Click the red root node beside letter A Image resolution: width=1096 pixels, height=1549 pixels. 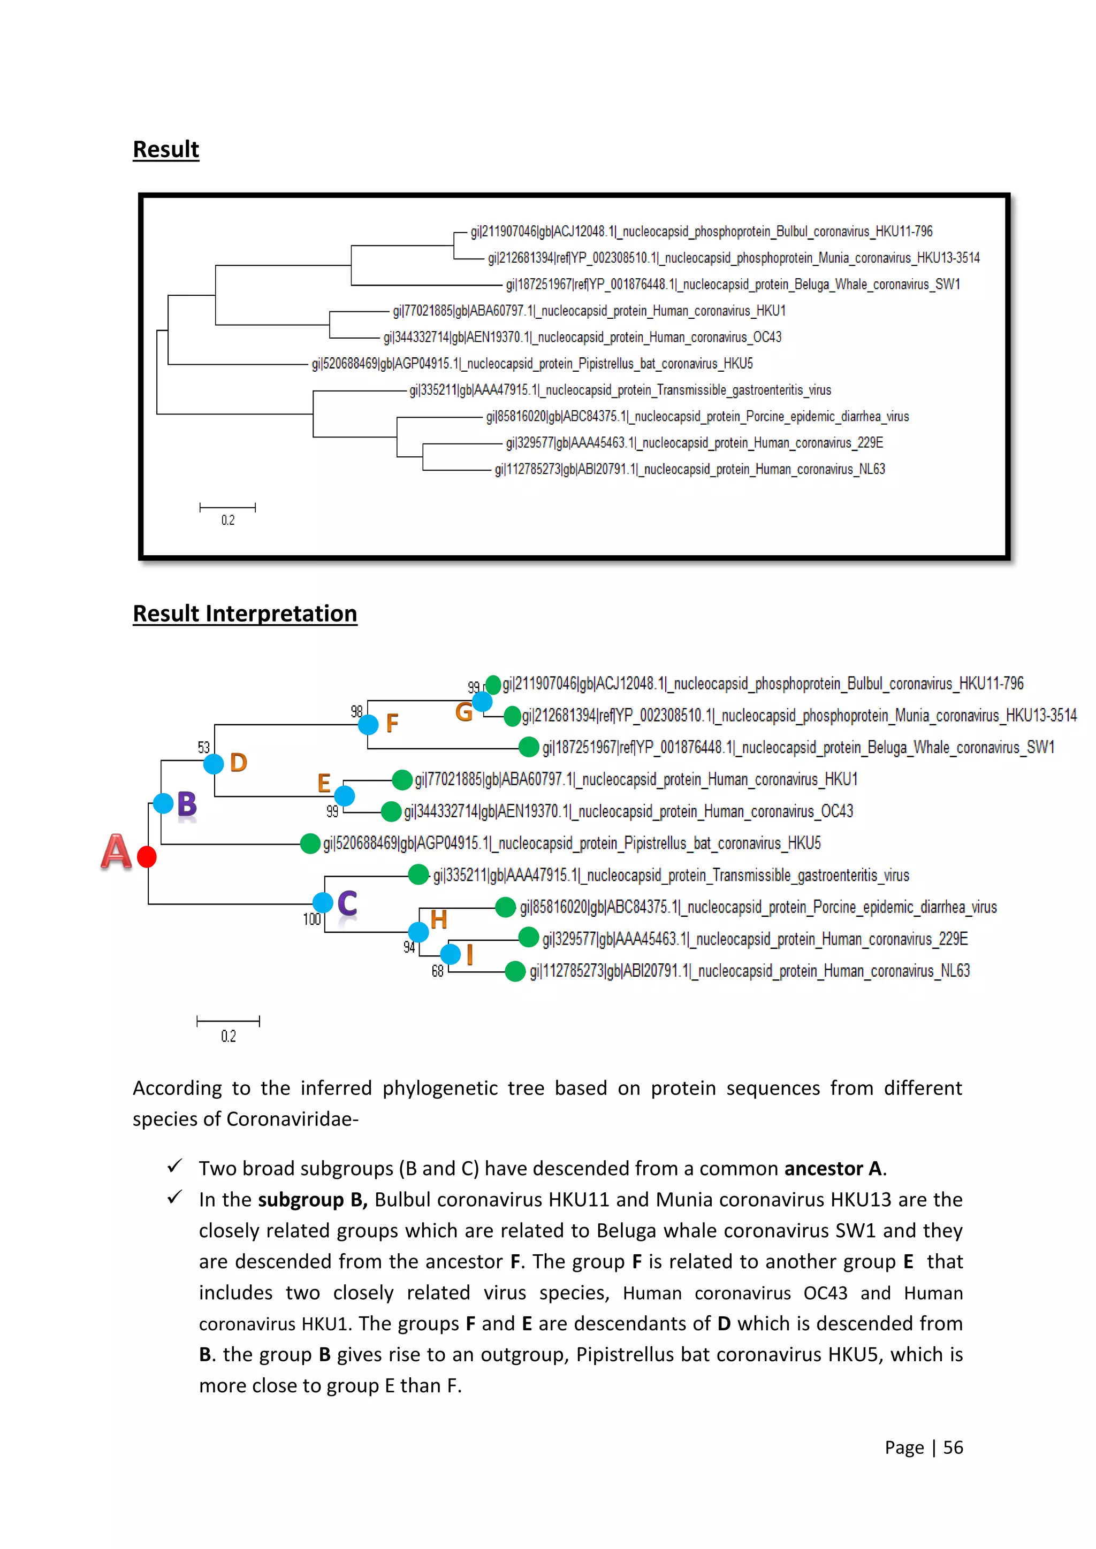147,856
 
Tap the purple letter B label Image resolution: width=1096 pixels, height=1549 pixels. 187,804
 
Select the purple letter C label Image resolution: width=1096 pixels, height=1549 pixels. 347,903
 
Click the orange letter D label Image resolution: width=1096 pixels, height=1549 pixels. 238,762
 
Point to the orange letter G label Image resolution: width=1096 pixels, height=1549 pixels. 463,712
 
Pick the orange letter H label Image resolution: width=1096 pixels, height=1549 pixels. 439,919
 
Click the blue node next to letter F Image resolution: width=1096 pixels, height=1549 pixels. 368,725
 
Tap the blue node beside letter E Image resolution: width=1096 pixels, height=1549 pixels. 344,795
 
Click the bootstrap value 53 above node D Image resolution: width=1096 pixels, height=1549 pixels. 204,747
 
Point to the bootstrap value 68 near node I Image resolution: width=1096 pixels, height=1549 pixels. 437,971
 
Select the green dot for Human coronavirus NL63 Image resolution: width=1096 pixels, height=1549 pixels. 515,971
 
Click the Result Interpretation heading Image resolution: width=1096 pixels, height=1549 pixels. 245,614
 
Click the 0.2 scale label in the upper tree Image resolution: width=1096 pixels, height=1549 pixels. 228,520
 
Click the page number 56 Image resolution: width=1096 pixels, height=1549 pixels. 953,1447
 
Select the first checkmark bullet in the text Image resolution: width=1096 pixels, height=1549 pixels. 175,1167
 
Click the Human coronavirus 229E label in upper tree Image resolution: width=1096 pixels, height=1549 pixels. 695,442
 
